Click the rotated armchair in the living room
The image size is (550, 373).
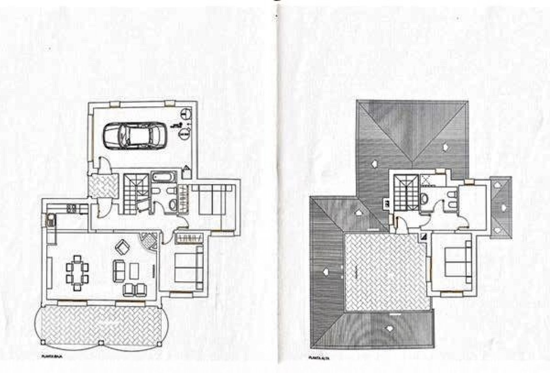122,248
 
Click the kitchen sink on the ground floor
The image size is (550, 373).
51,218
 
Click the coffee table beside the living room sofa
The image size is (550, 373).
134,271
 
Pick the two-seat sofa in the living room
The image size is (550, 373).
119,270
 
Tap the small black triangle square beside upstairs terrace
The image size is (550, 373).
424,236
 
